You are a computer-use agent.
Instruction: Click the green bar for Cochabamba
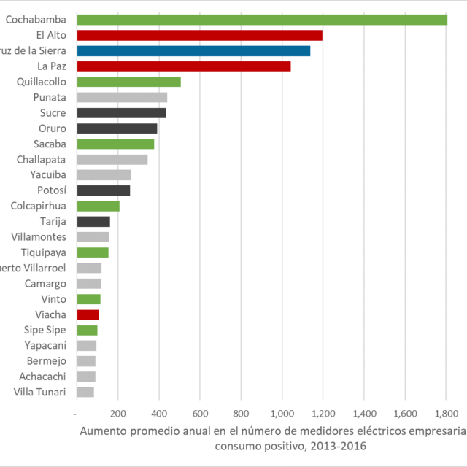coord(261,20)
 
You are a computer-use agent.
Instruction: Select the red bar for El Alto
coord(199,35)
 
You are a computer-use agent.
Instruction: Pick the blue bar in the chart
coord(193,51)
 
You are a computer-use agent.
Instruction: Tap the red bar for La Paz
coord(183,66)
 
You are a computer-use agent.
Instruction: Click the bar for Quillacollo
coord(128,82)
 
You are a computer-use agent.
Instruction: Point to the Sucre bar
coord(121,113)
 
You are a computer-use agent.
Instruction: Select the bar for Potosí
coord(103,190)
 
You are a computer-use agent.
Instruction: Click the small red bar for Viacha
coord(88,314)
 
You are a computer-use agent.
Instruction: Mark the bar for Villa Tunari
coord(85,392)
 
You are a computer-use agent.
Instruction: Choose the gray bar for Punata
coord(122,97)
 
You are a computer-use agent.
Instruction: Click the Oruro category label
coord(53,128)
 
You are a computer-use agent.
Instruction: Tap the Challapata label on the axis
coord(41,159)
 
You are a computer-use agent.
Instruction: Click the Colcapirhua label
coord(38,206)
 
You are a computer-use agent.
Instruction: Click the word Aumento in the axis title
coord(102,431)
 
